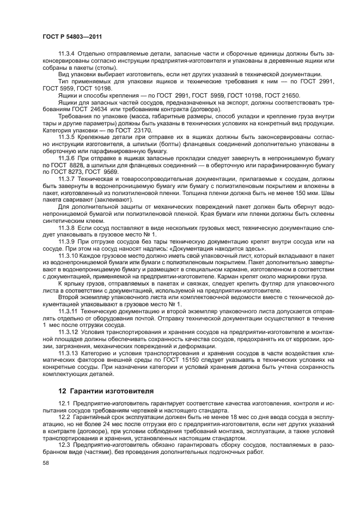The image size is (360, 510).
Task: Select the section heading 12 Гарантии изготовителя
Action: pos(105,391)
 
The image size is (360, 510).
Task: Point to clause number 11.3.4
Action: pos(68,54)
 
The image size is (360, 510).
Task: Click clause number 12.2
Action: pos(65,416)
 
